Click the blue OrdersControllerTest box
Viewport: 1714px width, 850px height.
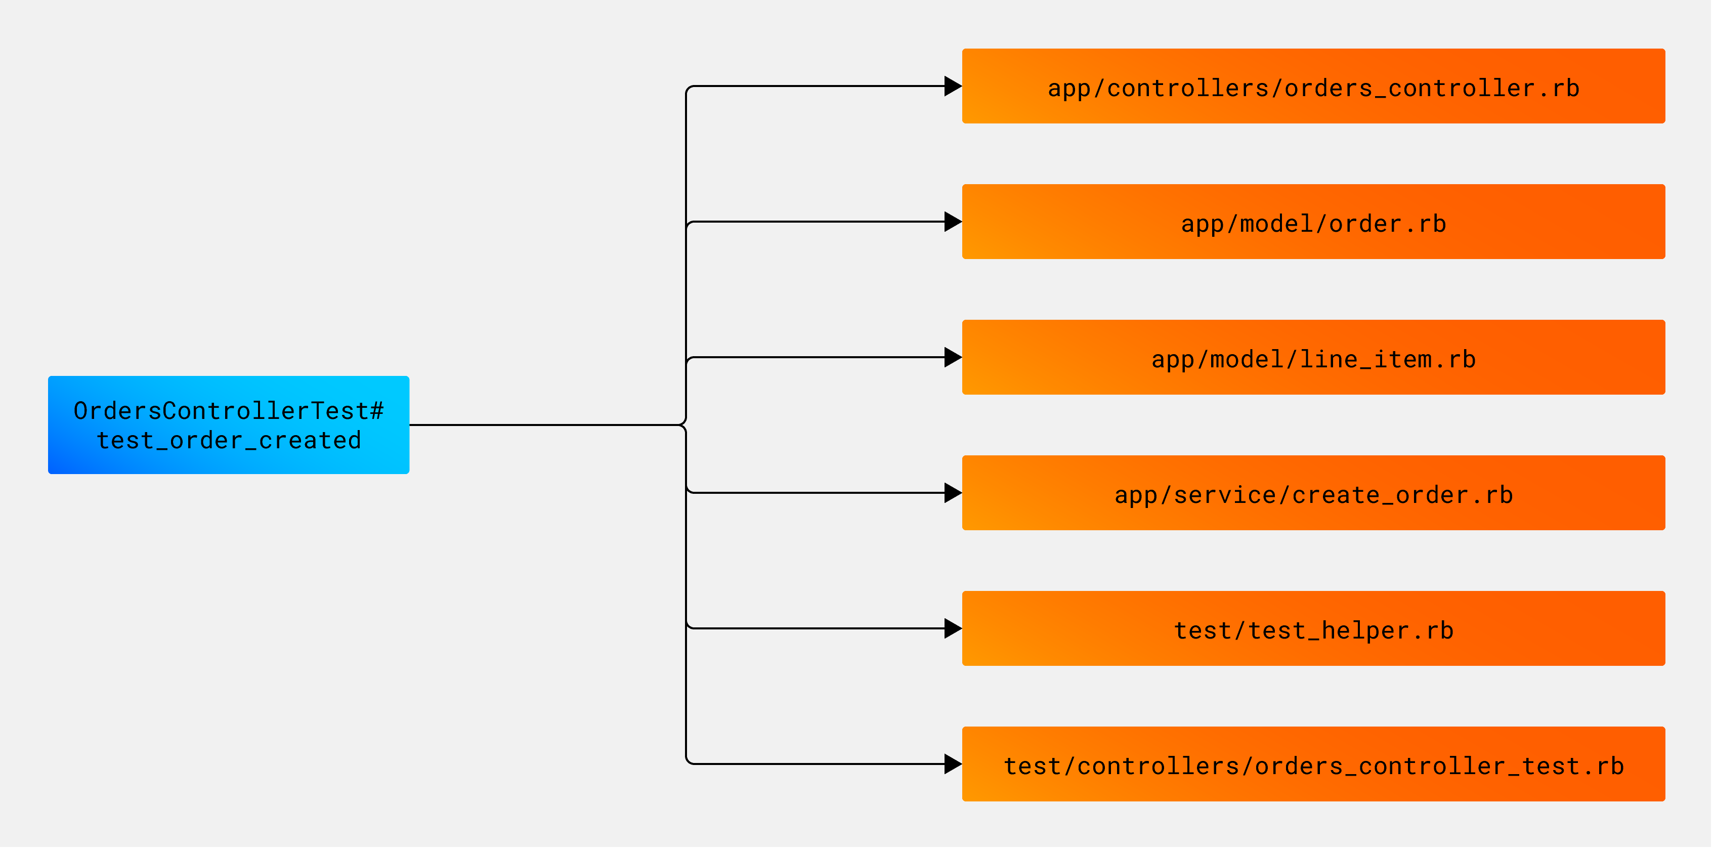click(228, 424)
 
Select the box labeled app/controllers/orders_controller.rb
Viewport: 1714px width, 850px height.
click(1313, 86)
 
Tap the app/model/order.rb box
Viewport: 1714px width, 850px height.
click(1313, 222)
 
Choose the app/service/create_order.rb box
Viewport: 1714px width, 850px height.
click(1313, 493)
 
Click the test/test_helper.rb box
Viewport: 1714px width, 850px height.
click(1313, 628)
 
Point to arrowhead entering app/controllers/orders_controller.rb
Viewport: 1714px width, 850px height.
click(953, 86)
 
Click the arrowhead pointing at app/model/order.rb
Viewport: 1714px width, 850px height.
click(953, 222)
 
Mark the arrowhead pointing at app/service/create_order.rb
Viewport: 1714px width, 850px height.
click(953, 493)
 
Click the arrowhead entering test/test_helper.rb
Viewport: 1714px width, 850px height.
click(953, 628)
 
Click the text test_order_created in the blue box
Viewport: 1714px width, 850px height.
click(229, 441)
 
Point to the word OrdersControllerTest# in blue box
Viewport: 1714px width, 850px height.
click(228, 411)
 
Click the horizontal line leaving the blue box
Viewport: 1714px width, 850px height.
click(545, 424)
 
